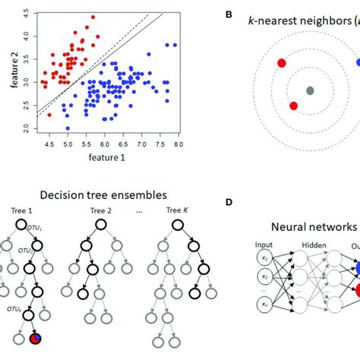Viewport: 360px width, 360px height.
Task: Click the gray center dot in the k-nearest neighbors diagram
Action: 310,91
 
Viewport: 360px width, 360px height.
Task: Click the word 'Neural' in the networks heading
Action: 292,226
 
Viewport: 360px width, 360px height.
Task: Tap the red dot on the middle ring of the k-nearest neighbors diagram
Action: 294,106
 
